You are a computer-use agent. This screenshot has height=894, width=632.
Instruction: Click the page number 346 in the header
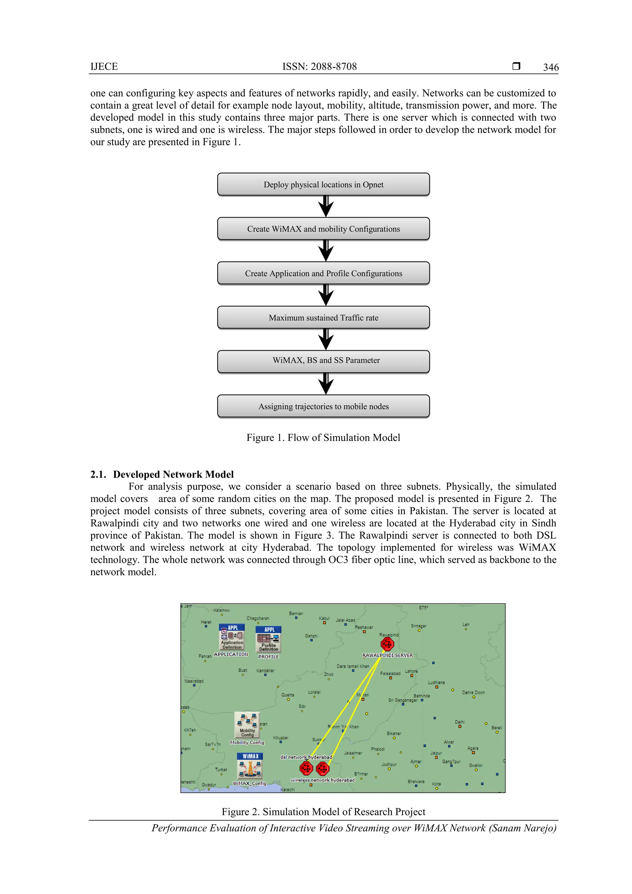click(x=551, y=67)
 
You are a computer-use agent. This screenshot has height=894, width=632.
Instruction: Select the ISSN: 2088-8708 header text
click(x=319, y=67)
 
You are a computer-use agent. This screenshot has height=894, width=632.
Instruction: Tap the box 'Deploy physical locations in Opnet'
click(x=323, y=185)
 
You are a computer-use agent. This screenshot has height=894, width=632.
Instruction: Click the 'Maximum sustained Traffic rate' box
click(x=323, y=318)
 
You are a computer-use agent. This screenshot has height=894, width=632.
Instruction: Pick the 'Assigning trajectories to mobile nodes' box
click(x=323, y=406)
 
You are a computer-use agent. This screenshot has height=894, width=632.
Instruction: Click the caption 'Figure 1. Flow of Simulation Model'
click(x=323, y=438)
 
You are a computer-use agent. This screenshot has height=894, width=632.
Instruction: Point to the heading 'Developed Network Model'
click(x=173, y=474)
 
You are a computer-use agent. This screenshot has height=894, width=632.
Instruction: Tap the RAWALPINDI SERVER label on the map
click(x=388, y=655)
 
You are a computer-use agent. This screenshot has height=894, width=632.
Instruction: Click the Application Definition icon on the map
click(x=232, y=638)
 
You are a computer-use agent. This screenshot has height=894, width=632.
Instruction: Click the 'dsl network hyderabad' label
click(x=306, y=757)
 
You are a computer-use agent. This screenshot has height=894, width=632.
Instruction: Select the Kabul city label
click(x=324, y=618)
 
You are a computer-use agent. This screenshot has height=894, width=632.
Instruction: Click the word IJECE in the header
click(x=104, y=67)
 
